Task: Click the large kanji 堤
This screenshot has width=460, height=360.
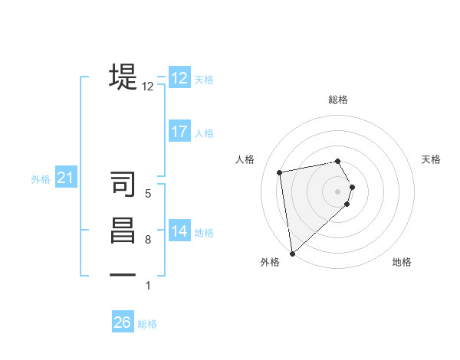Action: [123, 77]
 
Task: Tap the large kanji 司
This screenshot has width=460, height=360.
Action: [123, 185]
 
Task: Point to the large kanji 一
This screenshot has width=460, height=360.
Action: [123, 275]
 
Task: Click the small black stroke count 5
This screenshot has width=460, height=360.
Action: [148, 194]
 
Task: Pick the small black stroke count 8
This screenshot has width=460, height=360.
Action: [148, 240]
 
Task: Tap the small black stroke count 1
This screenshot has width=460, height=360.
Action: [148, 286]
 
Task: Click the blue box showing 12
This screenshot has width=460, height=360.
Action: [179, 78]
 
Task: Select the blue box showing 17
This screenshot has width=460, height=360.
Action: [179, 132]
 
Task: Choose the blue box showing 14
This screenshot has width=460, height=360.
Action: [179, 231]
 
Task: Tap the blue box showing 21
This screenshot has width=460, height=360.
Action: [66, 178]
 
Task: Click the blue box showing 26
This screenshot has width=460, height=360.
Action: [123, 322]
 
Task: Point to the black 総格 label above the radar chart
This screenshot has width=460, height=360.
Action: [338, 100]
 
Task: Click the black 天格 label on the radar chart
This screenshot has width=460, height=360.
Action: [431, 159]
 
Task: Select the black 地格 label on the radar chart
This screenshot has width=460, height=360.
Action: [402, 262]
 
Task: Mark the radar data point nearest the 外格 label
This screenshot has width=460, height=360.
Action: [292, 254]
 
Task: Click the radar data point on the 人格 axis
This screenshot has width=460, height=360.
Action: [280, 172]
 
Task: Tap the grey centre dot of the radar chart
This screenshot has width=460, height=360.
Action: [338, 191]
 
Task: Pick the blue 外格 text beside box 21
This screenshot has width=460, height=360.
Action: [41, 179]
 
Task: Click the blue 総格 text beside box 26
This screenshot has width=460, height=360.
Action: [147, 324]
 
